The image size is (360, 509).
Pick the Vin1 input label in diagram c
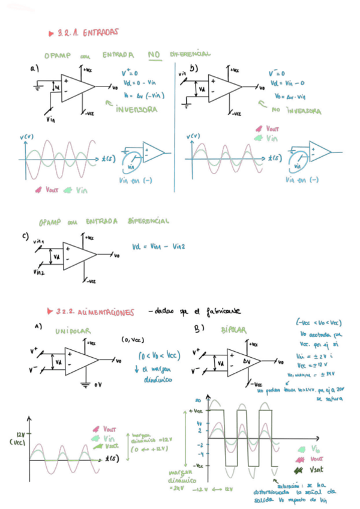tap(39, 241)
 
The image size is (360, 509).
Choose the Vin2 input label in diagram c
tap(38, 271)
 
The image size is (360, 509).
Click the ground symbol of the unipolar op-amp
tap(89, 383)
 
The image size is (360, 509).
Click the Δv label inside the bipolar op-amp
tap(247, 362)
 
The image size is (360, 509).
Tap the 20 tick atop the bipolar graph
tap(197, 400)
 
